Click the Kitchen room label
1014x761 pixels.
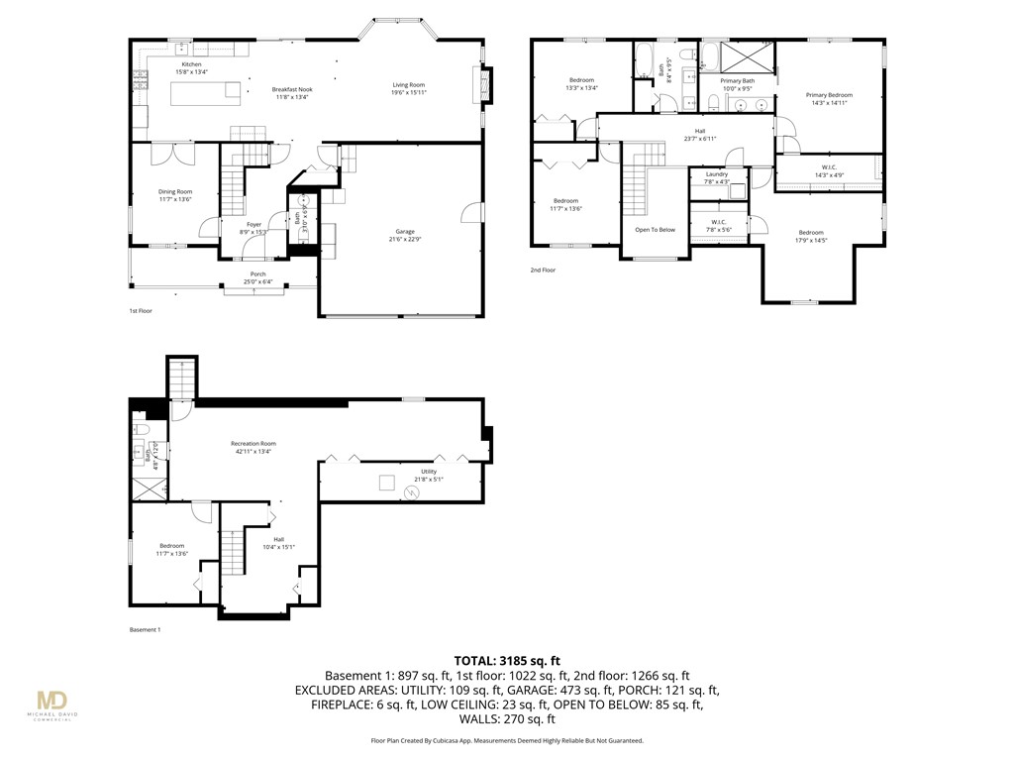click(x=190, y=64)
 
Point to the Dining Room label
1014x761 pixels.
click(x=175, y=191)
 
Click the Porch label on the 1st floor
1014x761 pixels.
click(x=257, y=274)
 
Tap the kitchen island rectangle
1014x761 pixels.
click(x=206, y=93)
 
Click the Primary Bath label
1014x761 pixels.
click(x=737, y=80)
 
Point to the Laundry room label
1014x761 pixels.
click(x=716, y=174)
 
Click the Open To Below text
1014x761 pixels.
click(x=655, y=229)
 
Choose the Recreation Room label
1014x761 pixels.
click(x=253, y=443)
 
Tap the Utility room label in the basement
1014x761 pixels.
click(x=429, y=472)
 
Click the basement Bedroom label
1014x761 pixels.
click(x=171, y=546)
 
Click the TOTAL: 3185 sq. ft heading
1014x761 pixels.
click(x=507, y=659)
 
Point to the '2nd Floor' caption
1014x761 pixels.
click(x=543, y=270)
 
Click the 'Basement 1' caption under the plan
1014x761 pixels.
click(x=145, y=630)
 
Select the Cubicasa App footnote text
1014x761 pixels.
click(x=507, y=740)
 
